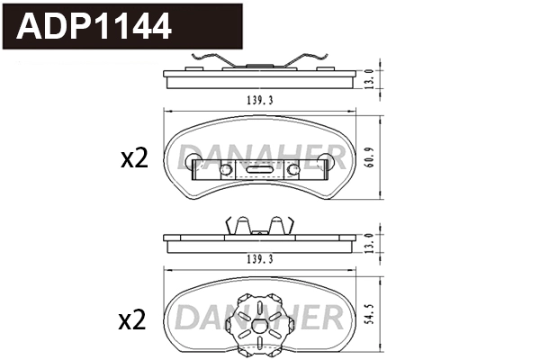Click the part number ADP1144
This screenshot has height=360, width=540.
95,26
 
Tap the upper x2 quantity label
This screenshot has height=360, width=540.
133,159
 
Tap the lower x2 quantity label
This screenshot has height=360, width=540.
133,319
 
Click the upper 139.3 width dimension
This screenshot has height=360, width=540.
260,102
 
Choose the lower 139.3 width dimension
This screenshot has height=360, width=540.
260,258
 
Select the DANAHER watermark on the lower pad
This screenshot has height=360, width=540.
261,317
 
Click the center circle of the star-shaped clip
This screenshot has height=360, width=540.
259,325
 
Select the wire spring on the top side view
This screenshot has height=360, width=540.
258,59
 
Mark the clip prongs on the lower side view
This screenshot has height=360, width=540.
258,225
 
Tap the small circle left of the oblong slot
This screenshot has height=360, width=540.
227,170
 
